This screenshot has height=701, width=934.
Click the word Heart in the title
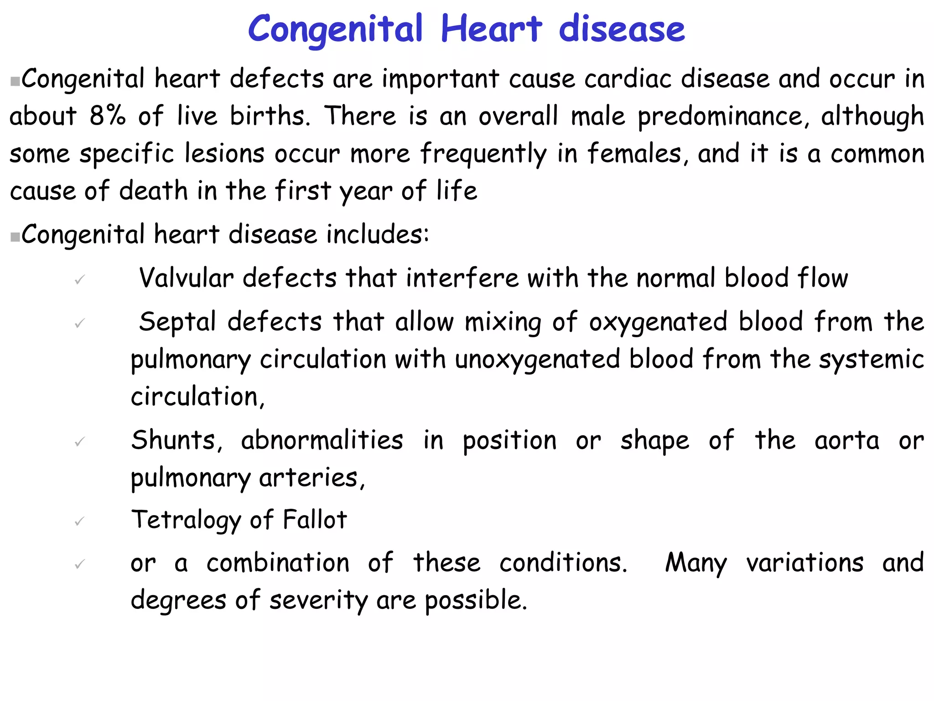pos(492,29)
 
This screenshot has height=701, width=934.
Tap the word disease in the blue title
pos(622,29)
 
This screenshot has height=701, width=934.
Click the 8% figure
pos(107,115)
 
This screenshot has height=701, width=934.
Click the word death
pos(153,190)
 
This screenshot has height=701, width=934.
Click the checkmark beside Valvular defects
pos(80,279)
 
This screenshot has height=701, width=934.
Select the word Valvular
pos(186,278)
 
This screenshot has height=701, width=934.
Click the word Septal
pos(177,322)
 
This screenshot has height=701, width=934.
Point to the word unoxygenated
pos(537,360)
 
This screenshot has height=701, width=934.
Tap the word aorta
pos(847,440)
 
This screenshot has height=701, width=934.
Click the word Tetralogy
pos(186,520)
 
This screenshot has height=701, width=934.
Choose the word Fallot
pos(315,519)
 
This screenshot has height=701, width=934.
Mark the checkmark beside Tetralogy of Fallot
pos(80,521)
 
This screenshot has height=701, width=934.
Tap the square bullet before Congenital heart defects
pos(15,82)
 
